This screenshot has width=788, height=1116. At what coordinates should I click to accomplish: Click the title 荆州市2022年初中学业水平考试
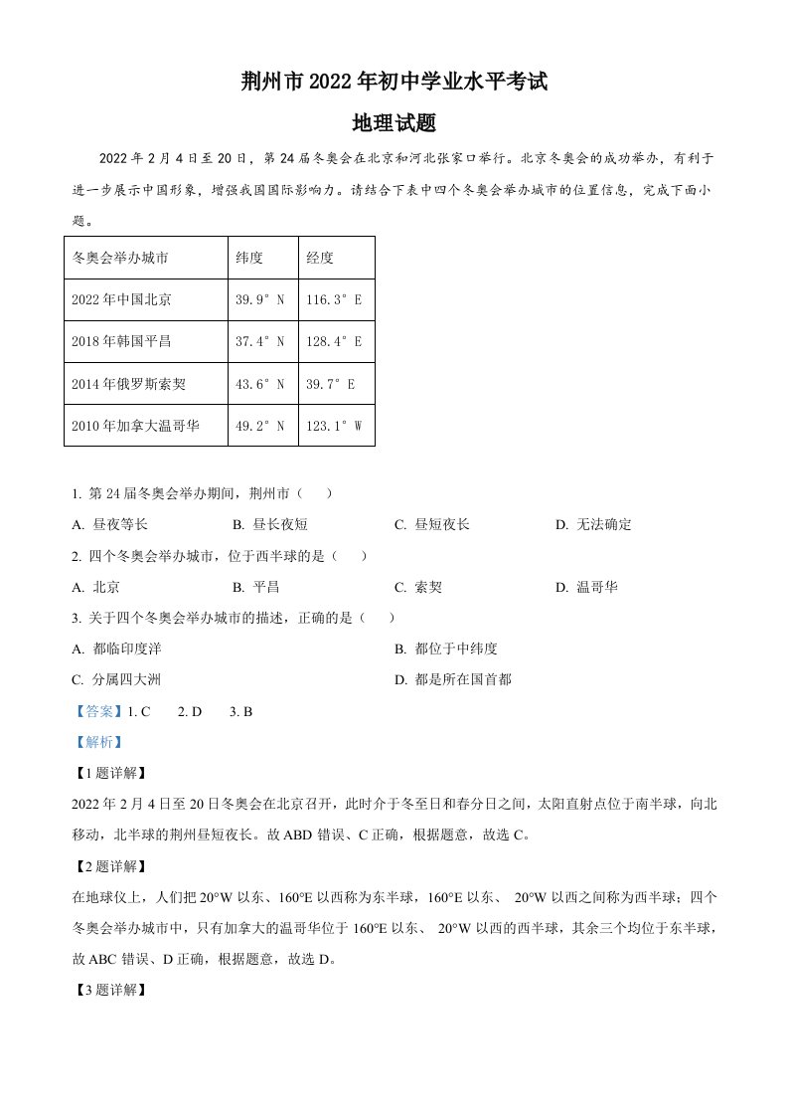click(394, 83)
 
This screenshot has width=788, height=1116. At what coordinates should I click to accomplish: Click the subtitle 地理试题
click(394, 123)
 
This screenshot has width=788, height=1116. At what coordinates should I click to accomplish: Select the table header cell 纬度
click(248, 258)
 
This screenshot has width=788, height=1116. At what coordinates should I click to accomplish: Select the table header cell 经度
click(320, 258)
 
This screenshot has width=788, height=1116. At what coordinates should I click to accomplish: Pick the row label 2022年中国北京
click(122, 299)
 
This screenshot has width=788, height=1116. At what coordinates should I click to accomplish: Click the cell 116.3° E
click(335, 299)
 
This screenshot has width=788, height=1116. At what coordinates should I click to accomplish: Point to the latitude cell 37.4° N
click(260, 341)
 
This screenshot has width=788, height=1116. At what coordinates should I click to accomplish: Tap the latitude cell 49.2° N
click(260, 426)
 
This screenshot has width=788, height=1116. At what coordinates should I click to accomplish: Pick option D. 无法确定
click(593, 524)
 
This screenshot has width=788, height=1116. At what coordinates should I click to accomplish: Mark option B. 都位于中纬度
click(445, 649)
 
